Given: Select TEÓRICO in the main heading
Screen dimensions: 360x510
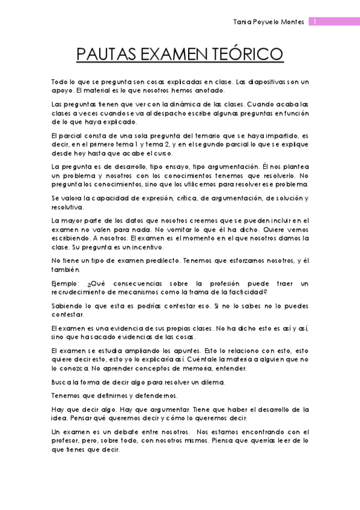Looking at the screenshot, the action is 246,55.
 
